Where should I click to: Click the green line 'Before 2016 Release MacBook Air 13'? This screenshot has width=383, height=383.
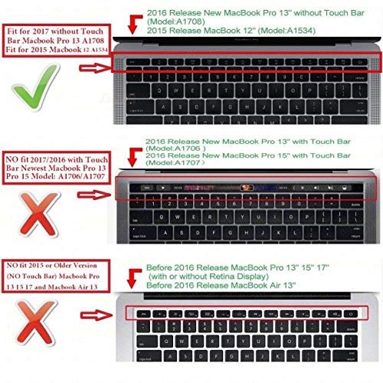[x=215, y=284]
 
